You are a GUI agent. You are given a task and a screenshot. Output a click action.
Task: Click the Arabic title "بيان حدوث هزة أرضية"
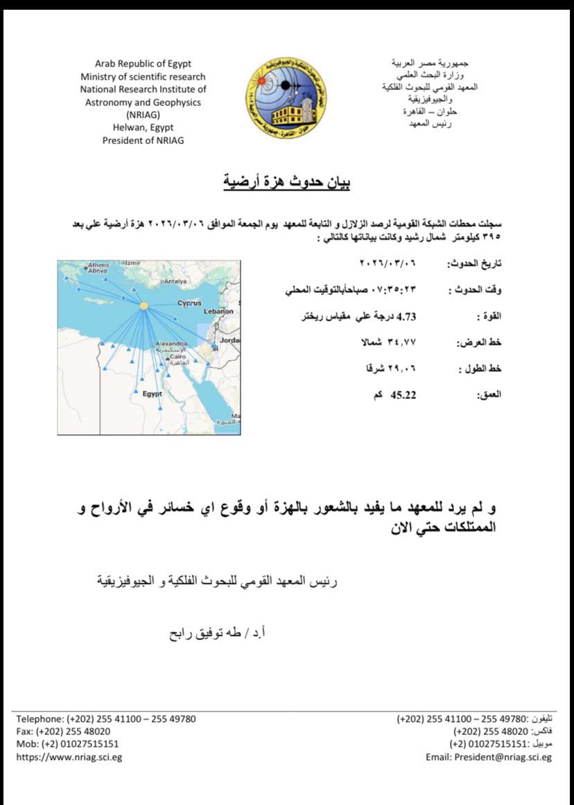[x=286, y=183]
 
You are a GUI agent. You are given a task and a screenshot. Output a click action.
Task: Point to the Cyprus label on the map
[x=189, y=303]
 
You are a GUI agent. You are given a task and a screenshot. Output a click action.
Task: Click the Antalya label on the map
[x=174, y=282]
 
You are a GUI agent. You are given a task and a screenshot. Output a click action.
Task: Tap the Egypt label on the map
[x=152, y=393]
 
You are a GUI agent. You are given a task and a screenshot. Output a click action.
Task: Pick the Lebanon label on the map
[x=219, y=312]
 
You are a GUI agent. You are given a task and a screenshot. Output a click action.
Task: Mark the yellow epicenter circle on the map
[x=143, y=306]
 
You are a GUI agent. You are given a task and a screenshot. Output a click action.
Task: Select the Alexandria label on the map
[x=171, y=344]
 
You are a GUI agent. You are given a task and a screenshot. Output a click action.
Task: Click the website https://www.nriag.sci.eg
[x=69, y=757]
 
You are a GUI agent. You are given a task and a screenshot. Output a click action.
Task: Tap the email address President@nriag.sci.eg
[x=489, y=757]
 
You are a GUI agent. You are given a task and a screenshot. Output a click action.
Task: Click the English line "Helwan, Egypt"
[x=143, y=127]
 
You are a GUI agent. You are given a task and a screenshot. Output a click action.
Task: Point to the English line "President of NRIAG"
[x=143, y=140]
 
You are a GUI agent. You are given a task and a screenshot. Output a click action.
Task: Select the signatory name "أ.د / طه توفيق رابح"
[x=214, y=633]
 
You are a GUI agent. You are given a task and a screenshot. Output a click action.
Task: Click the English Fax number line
[x=63, y=732]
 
